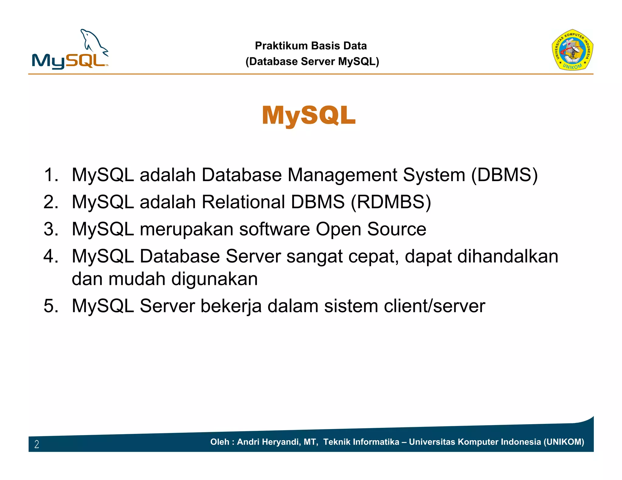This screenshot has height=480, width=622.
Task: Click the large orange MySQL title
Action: pyautogui.click(x=309, y=116)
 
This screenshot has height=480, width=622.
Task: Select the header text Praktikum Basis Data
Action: pyautogui.click(x=311, y=46)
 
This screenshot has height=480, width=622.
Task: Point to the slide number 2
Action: pyautogui.click(x=37, y=444)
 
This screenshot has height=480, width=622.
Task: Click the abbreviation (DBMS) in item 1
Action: pyautogui.click(x=504, y=175)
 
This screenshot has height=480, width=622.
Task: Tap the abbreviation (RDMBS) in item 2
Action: pyautogui.click(x=391, y=202)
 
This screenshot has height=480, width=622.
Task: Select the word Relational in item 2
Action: pyautogui.click(x=243, y=202)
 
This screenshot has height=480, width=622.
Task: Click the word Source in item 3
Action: pyautogui.click(x=397, y=229)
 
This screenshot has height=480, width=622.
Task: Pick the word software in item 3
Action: pyautogui.click(x=275, y=229)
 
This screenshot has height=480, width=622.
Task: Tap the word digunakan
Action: pyautogui.click(x=214, y=279)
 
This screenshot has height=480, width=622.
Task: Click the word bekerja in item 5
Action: pyautogui.click(x=231, y=306)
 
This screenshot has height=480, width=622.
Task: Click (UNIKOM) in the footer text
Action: pyautogui.click(x=564, y=442)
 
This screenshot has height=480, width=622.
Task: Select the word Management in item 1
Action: pyautogui.click(x=342, y=175)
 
